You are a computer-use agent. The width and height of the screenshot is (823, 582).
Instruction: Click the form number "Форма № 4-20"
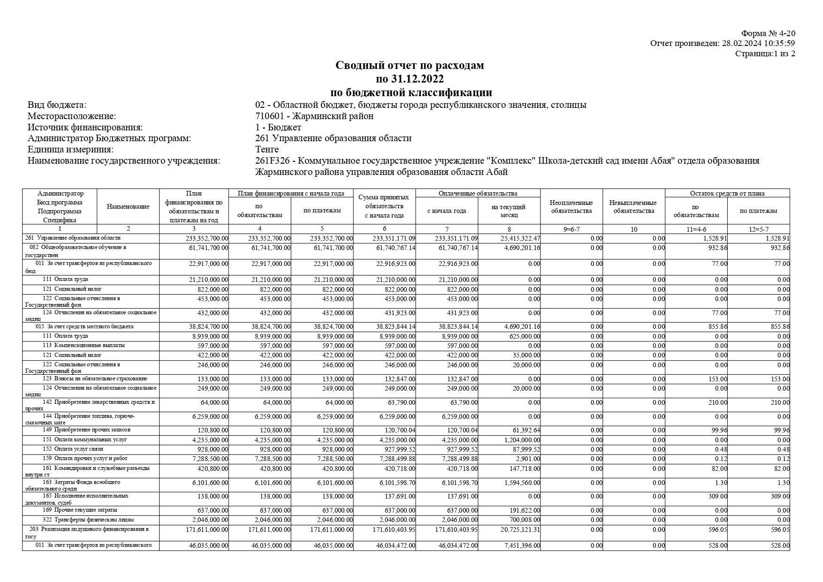(768, 33)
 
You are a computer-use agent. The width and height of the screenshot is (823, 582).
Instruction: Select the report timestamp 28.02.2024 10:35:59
(758, 44)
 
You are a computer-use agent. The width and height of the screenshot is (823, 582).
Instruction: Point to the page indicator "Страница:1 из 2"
(765, 53)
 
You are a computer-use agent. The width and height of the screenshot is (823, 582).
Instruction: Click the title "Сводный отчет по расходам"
(409, 65)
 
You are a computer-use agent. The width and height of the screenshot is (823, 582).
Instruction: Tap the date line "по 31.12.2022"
(409, 79)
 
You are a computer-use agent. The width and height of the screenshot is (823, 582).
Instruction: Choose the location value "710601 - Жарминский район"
(314, 116)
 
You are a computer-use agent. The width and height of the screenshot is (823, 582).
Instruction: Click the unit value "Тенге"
(267, 150)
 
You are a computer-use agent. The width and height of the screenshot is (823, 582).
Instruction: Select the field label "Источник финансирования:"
(85, 127)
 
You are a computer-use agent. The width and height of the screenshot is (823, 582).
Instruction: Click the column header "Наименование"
(128, 206)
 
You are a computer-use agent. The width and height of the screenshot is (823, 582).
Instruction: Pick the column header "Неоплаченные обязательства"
(571, 207)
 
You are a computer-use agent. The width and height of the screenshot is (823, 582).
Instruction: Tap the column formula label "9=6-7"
(571, 229)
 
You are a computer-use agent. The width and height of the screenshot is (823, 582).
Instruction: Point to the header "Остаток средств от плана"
(727, 193)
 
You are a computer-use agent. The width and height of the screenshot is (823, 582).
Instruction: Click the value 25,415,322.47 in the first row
(516, 239)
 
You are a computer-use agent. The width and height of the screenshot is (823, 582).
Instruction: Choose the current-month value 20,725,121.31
(516, 530)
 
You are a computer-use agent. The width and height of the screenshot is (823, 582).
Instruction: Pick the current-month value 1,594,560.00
(519, 483)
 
